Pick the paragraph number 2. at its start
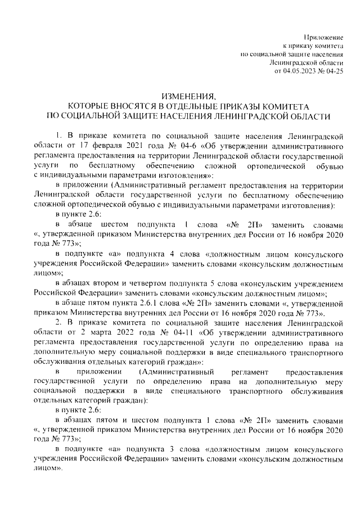point(57,322)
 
